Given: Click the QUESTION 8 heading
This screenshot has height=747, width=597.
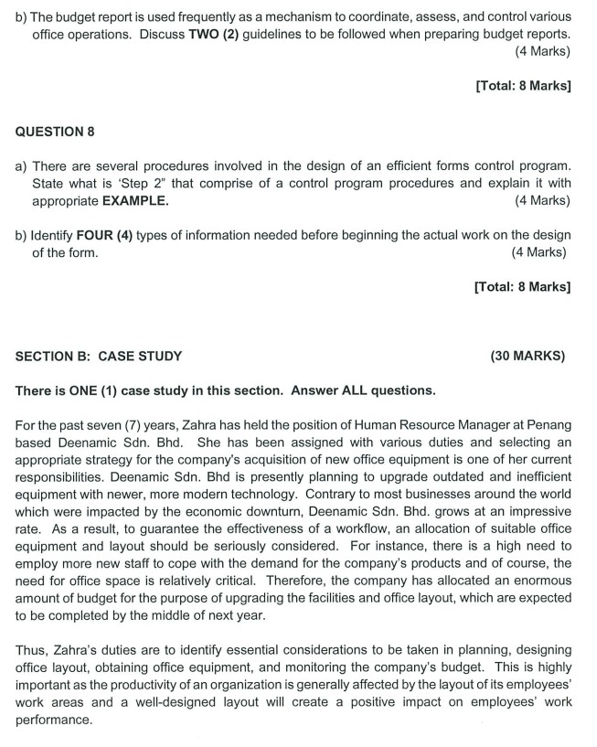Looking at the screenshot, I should point(55,132).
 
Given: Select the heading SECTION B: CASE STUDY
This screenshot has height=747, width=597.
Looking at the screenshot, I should point(99,356).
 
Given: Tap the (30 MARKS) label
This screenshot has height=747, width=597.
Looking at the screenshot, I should point(528,356).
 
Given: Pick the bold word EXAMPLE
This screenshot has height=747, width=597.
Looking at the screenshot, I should point(135,200).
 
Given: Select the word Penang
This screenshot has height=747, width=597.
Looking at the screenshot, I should point(548,425).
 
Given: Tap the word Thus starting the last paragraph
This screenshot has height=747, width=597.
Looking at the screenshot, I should point(31,650).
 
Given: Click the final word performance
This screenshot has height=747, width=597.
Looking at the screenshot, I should point(54,720).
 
